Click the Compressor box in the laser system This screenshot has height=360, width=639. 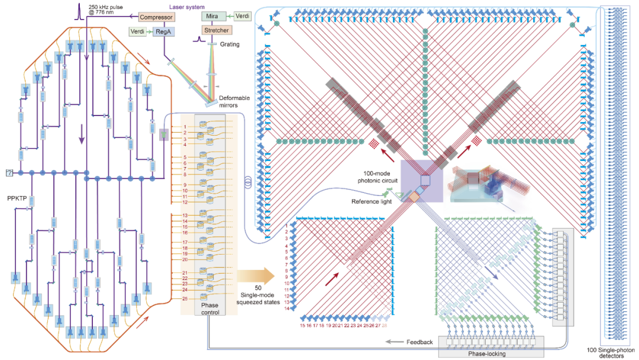pos(157,17)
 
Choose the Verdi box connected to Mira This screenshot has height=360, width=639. pos(240,16)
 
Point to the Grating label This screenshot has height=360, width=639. pos(229,44)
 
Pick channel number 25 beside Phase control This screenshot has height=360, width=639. pos(185,298)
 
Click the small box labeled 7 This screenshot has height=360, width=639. pos(9,173)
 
